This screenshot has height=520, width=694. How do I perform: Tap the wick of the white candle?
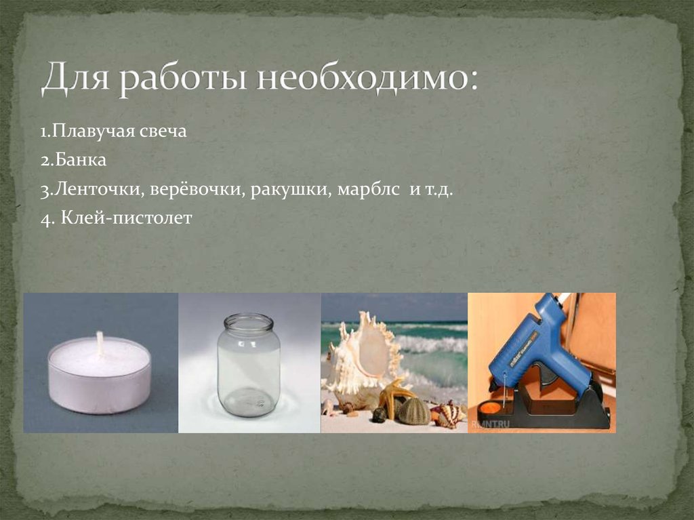tap(100, 343)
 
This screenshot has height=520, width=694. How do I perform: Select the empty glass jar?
tap(249, 369)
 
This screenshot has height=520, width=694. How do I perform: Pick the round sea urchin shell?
tap(413, 411)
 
